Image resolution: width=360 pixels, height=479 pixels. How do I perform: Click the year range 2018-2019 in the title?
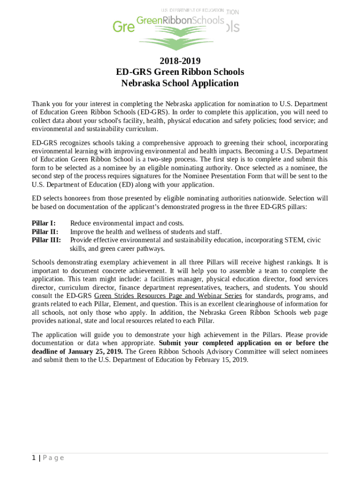(180, 60)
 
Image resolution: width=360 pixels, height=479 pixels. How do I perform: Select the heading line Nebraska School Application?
(180, 83)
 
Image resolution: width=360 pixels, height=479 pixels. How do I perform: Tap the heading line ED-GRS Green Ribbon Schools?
(180, 72)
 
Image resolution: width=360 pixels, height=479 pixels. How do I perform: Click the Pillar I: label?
(43, 223)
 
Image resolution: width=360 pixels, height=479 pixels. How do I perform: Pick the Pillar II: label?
(45, 232)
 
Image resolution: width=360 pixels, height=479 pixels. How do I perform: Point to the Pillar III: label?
(46, 240)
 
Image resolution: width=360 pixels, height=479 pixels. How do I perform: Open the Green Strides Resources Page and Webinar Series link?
(168, 296)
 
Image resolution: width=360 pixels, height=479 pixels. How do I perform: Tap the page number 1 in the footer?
(34, 458)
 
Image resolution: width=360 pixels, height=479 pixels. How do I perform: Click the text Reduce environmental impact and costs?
(127, 223)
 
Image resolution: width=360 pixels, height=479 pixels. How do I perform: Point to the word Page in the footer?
(53, 458)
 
